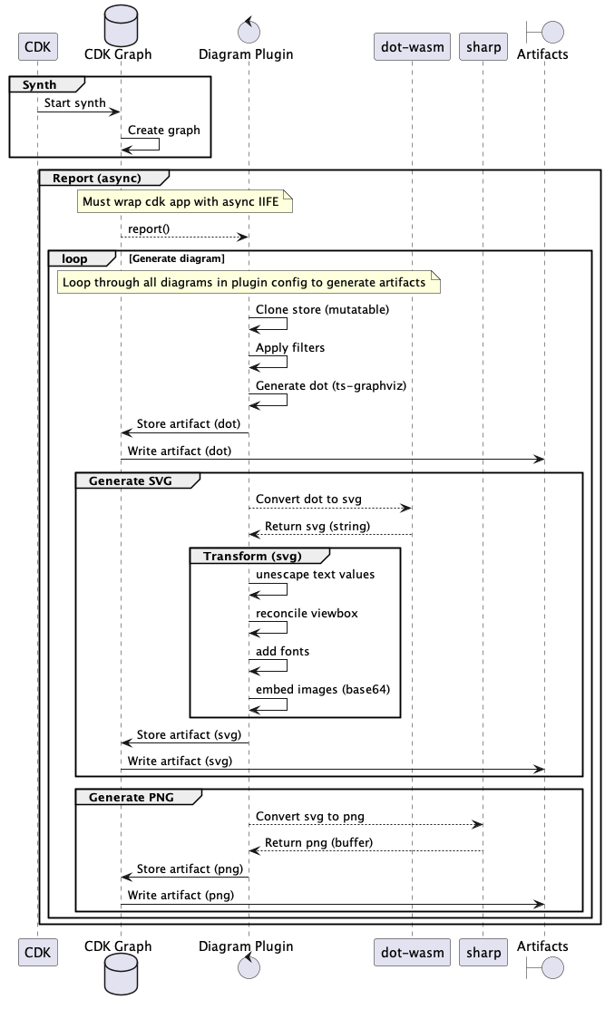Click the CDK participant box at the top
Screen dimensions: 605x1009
(x=38, y=47)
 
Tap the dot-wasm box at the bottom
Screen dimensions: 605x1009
(x=412, y=953)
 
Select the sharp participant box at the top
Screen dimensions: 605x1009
(x=483, y=47)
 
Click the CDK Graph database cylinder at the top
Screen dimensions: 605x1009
(x=121, y=25)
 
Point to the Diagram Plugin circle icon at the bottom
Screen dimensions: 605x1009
(x=249, y=966)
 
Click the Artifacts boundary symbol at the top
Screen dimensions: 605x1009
(x=544, y=32)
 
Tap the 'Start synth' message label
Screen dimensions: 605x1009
(x=74, y=103)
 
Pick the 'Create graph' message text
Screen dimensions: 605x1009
(x=163, y=130)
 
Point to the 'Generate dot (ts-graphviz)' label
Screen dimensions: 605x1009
(x=331, y=385)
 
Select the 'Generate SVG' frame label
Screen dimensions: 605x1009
(x=130, y=480)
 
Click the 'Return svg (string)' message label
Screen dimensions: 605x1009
(x=317, y=526)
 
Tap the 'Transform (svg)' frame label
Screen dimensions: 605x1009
(x=252, y=556)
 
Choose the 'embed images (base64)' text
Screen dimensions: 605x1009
(x=322, y=689)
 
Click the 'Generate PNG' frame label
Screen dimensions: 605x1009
(x=132, y=797)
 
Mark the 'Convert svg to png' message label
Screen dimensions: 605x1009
(x=309, y=816)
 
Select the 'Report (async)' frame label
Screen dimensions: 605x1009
(x=96, y=179)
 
